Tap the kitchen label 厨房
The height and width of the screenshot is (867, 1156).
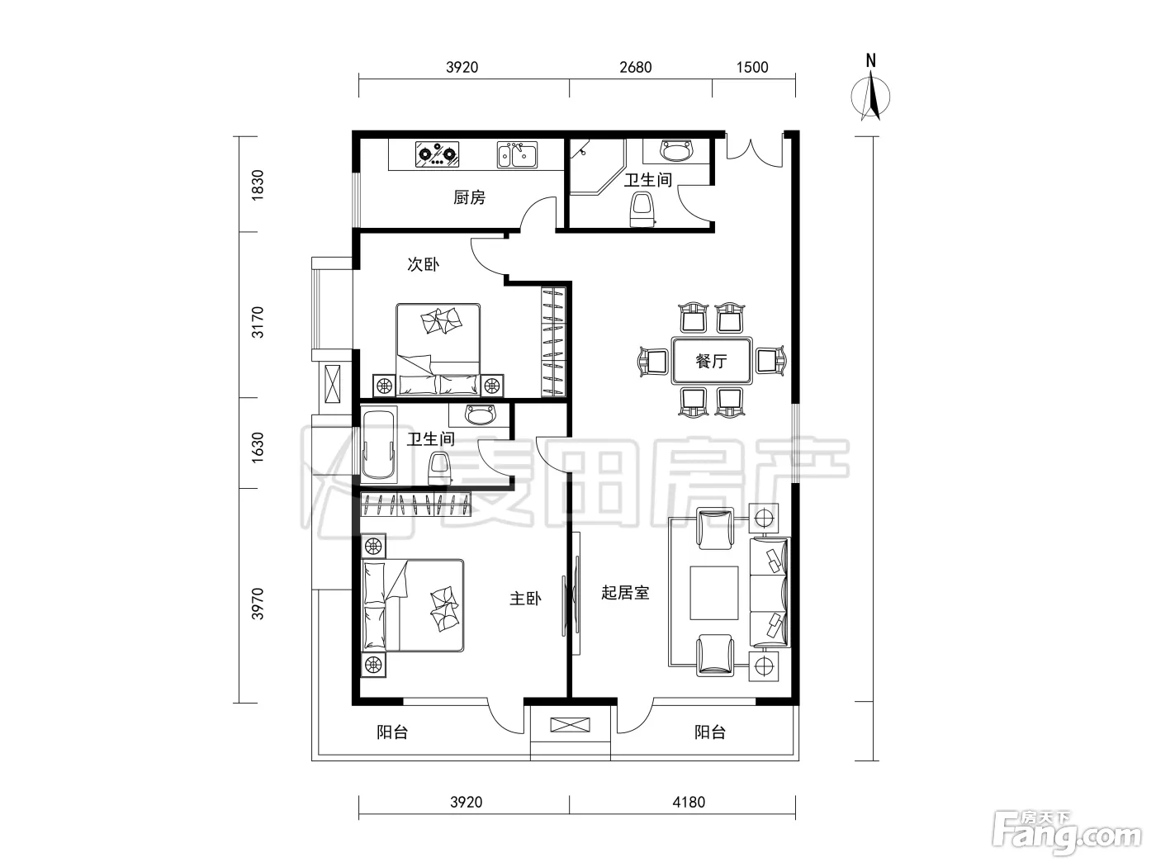click(x=469, y=197)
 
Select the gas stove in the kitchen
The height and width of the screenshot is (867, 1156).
click(x=437, y=154)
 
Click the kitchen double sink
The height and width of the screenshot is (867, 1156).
click(x=517, y=154)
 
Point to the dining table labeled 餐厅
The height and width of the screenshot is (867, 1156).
click(x=712, y=361)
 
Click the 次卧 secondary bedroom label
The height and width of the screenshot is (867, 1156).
click(x=423, y=263)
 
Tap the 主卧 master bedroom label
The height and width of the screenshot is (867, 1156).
click(x=525, y=599)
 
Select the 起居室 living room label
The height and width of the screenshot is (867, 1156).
click(x=625, y=593)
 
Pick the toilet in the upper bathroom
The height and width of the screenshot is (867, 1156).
click(x=642, y=209)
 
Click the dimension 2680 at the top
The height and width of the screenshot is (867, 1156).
click(x=636, y=68)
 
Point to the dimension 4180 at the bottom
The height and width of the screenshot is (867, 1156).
click(x=689, y=803)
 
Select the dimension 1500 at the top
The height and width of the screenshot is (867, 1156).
click(x=752, y=68)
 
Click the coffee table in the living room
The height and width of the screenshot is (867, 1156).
click(x=714, y=593)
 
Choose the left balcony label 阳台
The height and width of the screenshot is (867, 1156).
click(x=392, y=732)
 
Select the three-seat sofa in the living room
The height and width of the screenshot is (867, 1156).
click(x=770, y=592)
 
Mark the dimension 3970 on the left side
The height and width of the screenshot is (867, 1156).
click(x=257, y=604)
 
